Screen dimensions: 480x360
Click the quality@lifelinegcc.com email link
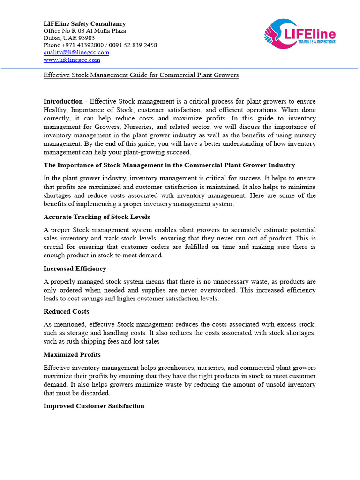click(x=76, y=52)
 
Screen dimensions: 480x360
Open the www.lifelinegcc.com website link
click(x=72, y=60)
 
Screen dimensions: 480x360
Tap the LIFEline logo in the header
click(x=300, y=35)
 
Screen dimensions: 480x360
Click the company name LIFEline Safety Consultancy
click(x=84, y=24)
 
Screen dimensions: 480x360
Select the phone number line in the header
click(x=100, y=45)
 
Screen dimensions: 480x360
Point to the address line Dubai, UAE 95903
click(x=69, y=38)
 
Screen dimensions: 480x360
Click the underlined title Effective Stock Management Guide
click(x=141, y=75)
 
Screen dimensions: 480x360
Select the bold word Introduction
click(x=63, y=101)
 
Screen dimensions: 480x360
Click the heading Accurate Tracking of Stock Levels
click(x=97, y=217)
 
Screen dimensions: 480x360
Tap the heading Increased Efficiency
click(x=75, y=269)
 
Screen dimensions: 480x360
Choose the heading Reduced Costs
click(x=66, y=312)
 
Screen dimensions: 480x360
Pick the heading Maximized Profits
click(x=72, y=355)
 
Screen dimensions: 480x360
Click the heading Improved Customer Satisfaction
click(x=94, y=406)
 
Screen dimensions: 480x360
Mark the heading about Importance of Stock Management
click(x=169, y=165)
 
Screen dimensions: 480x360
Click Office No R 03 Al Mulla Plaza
click(x=84, y=31)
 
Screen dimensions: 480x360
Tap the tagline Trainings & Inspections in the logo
click(x=317, y=42)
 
